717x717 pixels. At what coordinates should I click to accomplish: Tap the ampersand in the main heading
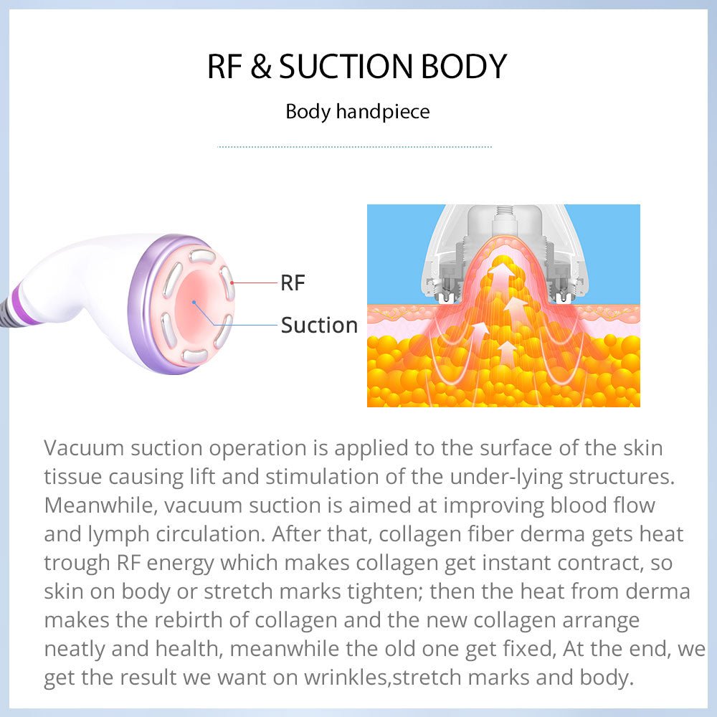261,67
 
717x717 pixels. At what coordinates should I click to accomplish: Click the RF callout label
293,283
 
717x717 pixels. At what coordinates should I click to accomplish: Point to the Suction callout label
319,326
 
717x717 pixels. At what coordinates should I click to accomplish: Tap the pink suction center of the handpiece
195,301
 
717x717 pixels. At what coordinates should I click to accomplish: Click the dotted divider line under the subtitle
354,147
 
